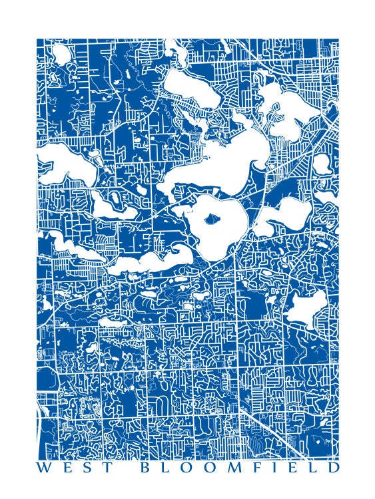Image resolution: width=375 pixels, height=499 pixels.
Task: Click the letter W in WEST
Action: coord(43,468)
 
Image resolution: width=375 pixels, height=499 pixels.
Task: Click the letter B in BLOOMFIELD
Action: coord(145,468)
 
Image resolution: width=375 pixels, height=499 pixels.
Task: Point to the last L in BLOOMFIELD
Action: coord(312,468)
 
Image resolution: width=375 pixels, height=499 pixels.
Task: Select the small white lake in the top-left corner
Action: coord(61,53)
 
